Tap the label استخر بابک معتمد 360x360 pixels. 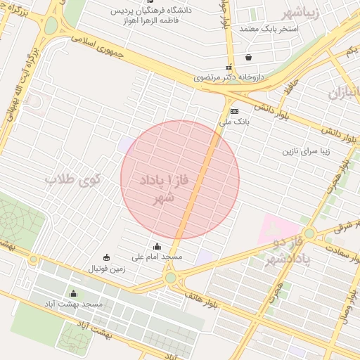[269, 29]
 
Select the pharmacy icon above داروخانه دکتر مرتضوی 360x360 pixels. [229, 67]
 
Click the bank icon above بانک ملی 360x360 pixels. [234, 111]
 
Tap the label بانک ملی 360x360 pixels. [234, 122]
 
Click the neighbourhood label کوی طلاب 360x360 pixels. [73, 181]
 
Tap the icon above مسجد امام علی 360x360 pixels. [157, 247]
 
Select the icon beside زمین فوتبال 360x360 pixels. [106, 257]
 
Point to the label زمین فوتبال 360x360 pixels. [106, 269]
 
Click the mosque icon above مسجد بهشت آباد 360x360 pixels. [73, 294]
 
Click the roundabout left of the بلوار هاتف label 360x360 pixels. [171, 278]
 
